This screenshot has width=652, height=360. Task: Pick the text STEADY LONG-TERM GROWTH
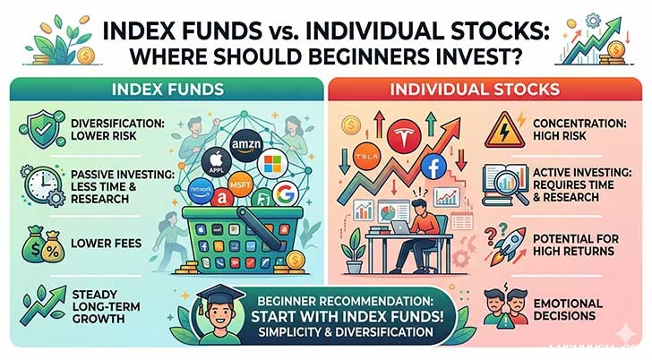tap(107, 304)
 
